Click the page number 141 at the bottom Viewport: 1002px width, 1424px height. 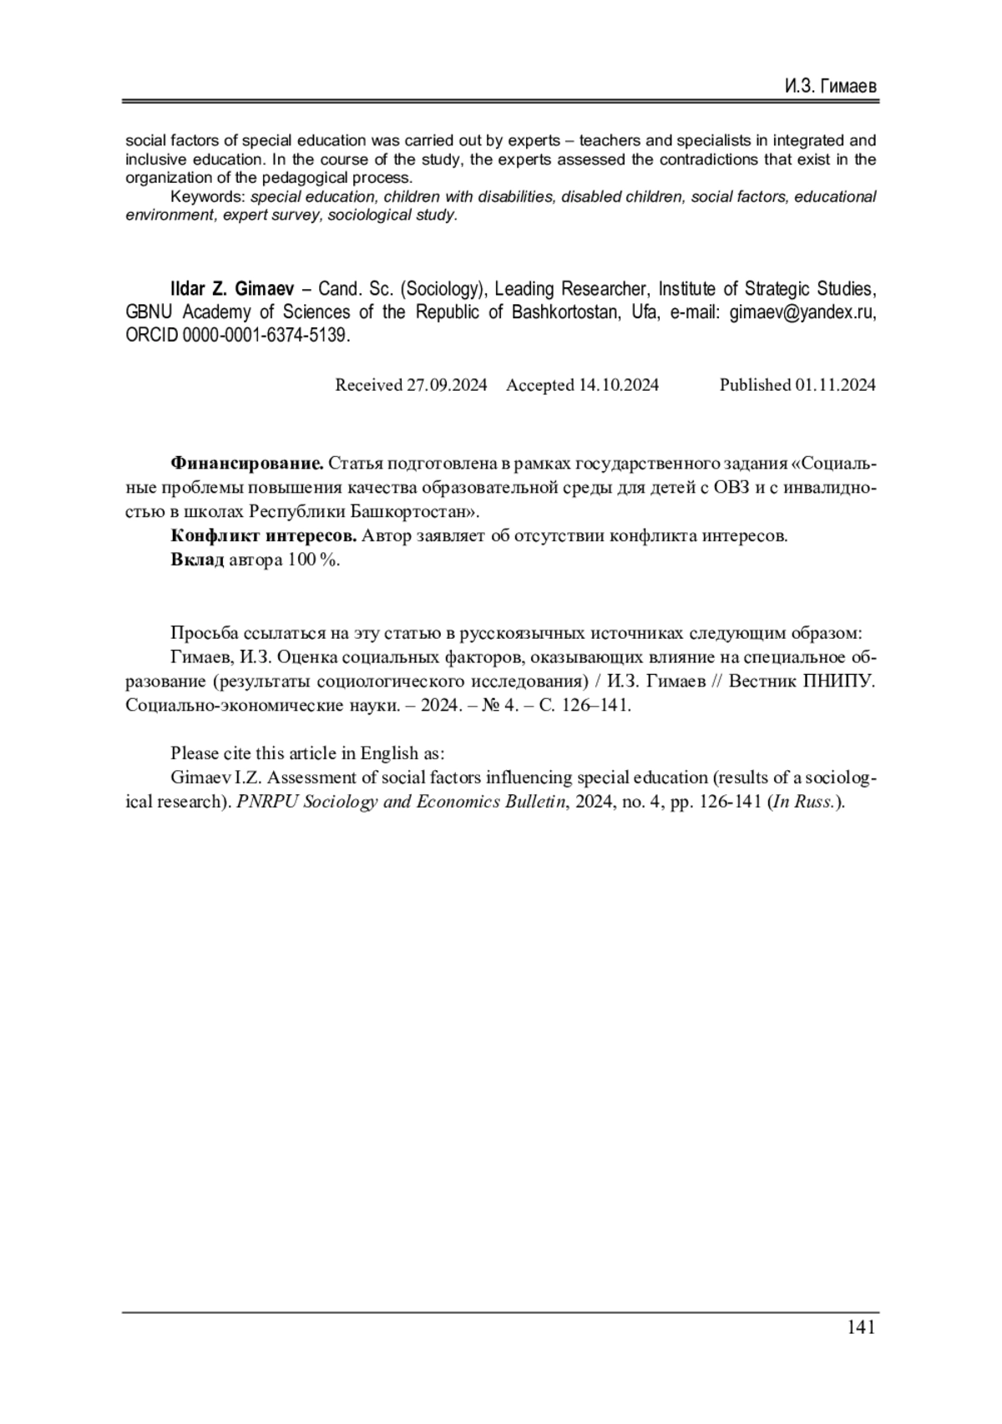coord(860,1327)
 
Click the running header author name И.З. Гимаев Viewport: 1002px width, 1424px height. coord(830,87)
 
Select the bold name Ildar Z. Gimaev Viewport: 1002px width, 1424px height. coord(231,289)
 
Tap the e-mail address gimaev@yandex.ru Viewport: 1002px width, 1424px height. coord(802,312)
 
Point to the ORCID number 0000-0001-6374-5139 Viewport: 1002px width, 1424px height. coord(264,336)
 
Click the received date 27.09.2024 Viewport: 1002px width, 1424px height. coord(446,385)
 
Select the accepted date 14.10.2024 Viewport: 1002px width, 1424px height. coord(618,385)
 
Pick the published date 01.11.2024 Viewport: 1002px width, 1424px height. coord(835,385)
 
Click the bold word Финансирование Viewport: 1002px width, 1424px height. coord(246,463)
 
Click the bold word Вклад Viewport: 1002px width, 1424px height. coord(197,560)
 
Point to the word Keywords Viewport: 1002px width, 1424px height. coord(206,197)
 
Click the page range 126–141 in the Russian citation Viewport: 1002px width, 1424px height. coord(595,705)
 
